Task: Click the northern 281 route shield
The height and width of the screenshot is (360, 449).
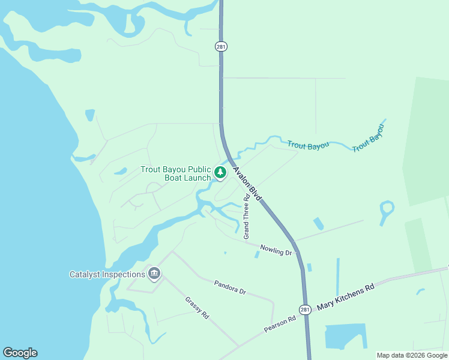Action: [x=221, y=46]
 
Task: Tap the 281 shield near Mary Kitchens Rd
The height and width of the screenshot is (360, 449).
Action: [x=306, y=310]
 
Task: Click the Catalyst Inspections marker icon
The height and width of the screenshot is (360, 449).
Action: [x=154, y=274]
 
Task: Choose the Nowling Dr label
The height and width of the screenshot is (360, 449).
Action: [x=276, y=250]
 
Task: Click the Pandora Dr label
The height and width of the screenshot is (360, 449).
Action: [x=230, y=286]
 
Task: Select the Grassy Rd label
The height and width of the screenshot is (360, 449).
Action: [x=196, y=307]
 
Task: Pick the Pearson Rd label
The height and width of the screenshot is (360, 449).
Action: [x=280, y=325]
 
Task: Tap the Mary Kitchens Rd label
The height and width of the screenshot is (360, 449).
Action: [x=345, y=296]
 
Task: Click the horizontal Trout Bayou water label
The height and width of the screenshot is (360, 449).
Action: [x=308, y=145]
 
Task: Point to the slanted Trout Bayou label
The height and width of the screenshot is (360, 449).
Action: [x=367, y=139]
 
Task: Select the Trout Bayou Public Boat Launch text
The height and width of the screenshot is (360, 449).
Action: [x=176, y=173]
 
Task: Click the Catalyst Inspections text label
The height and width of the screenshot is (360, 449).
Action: [x=107, y=275]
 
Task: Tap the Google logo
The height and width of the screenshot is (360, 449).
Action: [x=20, y=353]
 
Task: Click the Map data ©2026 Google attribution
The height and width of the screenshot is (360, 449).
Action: [x=412, y=355]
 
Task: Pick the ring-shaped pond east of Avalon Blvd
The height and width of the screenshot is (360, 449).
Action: [x=387, y=211]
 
